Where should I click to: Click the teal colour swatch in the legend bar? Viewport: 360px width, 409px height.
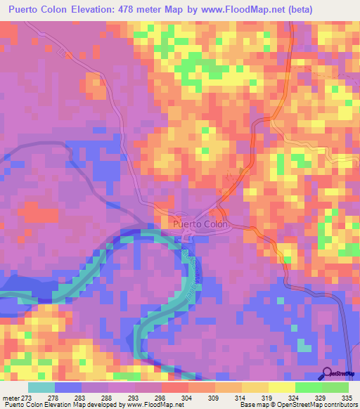(x=41, y=387)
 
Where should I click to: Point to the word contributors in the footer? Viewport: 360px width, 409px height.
(x=338, y=405)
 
